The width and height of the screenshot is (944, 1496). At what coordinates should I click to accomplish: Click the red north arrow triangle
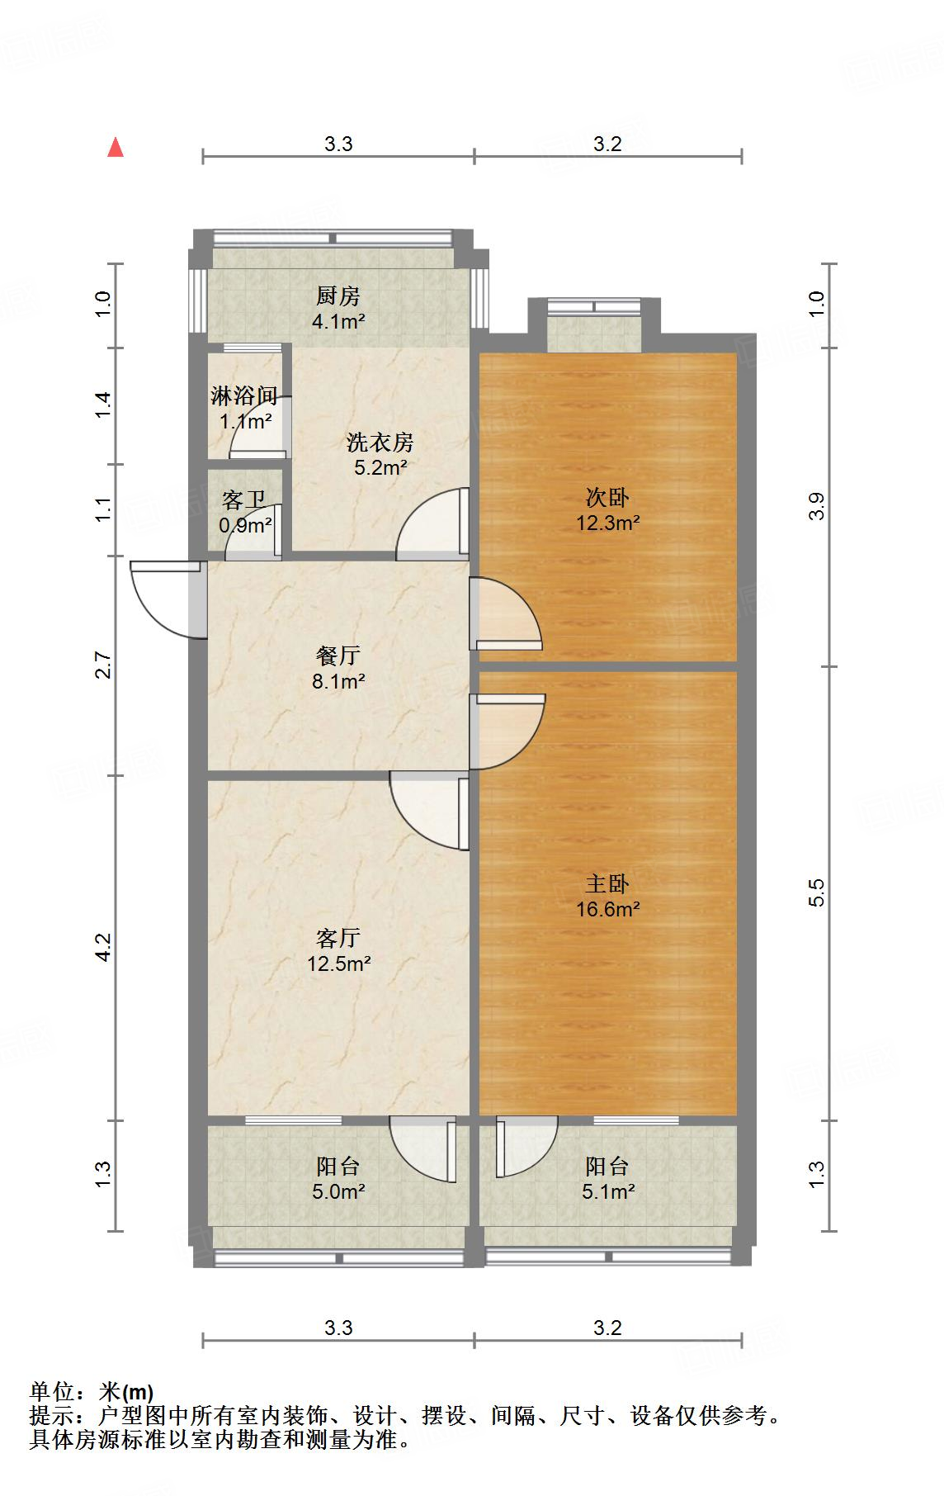tap(116, 148)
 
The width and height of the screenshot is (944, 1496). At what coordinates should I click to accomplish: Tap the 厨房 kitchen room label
tap(337, 296)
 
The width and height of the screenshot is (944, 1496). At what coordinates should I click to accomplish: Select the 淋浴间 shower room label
tap(243, 396)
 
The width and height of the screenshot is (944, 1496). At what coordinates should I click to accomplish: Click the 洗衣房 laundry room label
tap(380, 443)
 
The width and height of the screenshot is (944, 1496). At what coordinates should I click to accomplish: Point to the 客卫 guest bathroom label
tap(243, 500)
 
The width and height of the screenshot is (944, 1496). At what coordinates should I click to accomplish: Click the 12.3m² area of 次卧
tap(608, 523)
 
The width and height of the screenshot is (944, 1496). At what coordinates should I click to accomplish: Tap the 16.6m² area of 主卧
tap(608, 909)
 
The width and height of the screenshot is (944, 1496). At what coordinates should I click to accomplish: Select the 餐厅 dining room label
tap(337, 656)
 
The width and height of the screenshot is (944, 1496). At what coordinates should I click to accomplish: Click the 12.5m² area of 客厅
tap(338, 963)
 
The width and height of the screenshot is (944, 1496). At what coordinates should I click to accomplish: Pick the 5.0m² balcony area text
tap(338, 1191)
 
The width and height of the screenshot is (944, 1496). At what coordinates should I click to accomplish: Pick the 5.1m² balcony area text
tap(608, 1191)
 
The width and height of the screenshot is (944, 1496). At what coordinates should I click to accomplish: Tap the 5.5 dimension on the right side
tap(816, 893)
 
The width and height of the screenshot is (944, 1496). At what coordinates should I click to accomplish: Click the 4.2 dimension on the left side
tap(103, 947)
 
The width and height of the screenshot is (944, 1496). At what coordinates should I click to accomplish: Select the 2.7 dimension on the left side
tap(103, 665)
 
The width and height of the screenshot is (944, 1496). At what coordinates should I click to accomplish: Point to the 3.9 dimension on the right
tap(816, 506)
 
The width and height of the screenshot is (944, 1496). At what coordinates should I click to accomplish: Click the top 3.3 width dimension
tap(337, 144)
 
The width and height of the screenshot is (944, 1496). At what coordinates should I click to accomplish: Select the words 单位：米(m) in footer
tap(91, 1392)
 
